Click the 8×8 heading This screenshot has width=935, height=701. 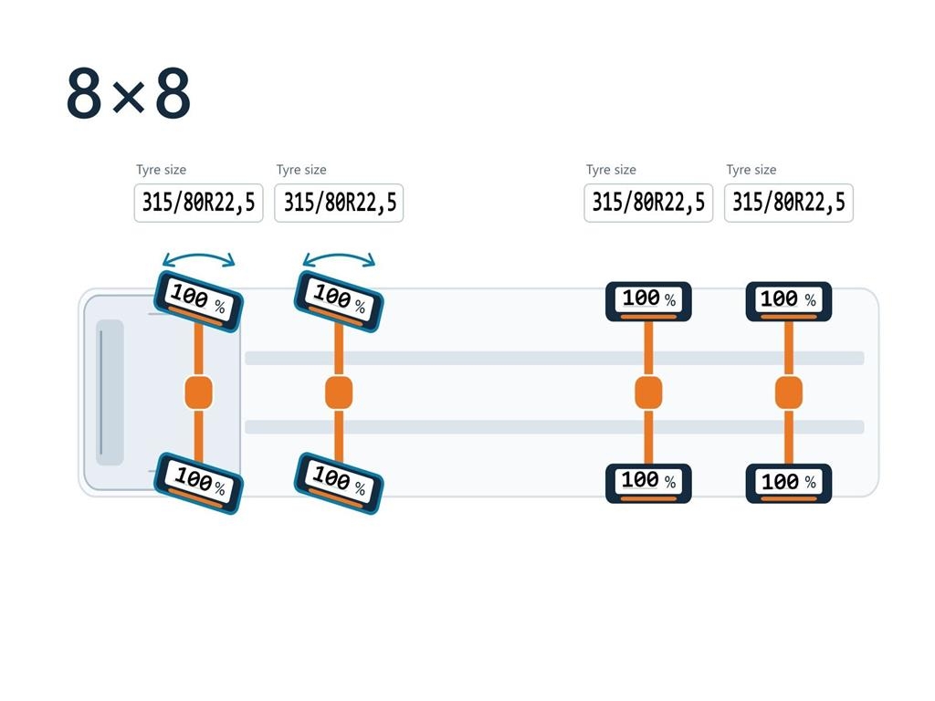point(128,93)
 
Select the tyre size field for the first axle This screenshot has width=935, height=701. point(198,203)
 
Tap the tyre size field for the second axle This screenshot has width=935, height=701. point(339,203)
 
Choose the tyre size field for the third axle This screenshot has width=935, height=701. point(648,203)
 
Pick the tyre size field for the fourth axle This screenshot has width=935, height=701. point(788,203)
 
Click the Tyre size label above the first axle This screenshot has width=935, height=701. point(161,170)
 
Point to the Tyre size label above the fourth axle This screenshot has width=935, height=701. point(751,170)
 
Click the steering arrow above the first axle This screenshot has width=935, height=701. point(198,256)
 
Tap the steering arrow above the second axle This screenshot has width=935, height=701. point(339,256)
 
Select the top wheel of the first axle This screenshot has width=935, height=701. point(198,301)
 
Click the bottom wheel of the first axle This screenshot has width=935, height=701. point(198,483)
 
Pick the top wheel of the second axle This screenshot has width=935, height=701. point(339,301)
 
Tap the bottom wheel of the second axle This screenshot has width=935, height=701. point(339,483)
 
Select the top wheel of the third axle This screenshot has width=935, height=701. point(648,301)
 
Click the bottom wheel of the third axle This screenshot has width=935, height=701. point(648,484)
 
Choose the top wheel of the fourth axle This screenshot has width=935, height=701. point(788,301)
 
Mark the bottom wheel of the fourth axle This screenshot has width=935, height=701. point(788,484)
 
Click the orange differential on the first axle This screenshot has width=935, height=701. point(198,392)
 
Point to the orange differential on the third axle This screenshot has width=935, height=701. point(648,392)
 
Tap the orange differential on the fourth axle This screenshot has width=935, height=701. point(788,392)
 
